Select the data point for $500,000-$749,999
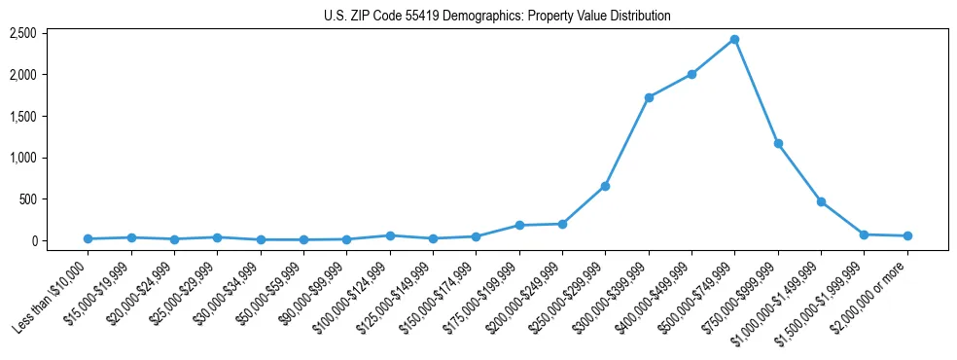click(734, 40)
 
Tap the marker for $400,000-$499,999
click(691, 74)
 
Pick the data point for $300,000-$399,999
click(649, 97)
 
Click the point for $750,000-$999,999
click(778, 143)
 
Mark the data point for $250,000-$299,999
click(605, 186)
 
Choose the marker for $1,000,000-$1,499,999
click(821, 201)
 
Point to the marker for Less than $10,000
click(89, 238)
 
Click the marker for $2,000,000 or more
click(907, 235)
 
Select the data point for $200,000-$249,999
click(562, 224)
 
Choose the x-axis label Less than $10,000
click(53, 294)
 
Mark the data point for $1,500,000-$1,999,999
click(864, 234)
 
